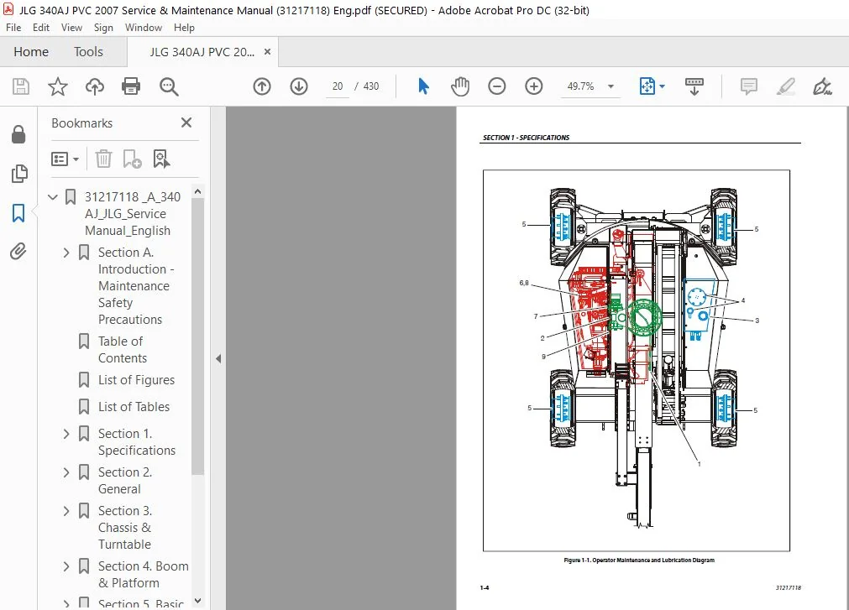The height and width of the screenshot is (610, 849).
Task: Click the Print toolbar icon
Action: pyautogui.click(x=131, y=86)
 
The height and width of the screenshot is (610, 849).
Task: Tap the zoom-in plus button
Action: pyautogui.click(x=534, y=86)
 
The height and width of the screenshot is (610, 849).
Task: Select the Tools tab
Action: pyautogui.click(x=88, y=52)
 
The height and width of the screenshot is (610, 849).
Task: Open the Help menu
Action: pyautogui.click(x=184, y=28)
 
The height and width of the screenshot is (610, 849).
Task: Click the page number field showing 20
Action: pyautogui.click(x=338, y=86)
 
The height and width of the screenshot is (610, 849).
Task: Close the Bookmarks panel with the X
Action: pyautogui.click(x=186, y=123)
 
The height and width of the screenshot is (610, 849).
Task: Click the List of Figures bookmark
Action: pyautogui.click(x=136, y=380)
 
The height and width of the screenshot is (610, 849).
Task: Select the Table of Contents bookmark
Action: pyautogui.click(x=122, y=350)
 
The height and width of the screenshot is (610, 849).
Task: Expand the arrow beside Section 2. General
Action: pyautogui.click(x=66, y=472)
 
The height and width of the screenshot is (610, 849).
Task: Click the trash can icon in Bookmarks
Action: pyautogui.click(x=103, y=159)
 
